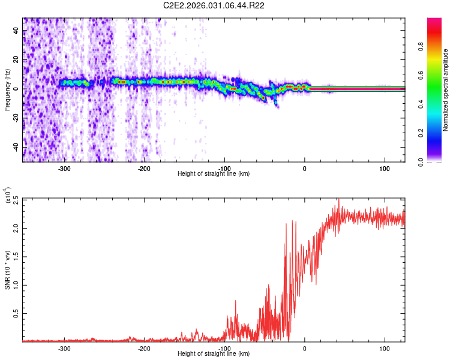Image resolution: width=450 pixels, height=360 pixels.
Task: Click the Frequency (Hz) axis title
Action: (x=7, y=90)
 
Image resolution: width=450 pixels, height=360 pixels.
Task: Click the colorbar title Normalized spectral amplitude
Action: (x=446, y=90)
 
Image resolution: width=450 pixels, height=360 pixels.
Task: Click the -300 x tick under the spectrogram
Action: (x=64, y=168)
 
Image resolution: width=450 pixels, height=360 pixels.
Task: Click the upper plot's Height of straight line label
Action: (x=214, y=174)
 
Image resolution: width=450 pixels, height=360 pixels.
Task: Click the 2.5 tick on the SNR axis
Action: (x=16, y=199)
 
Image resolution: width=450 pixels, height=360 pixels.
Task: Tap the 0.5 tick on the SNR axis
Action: (x=16, y=313)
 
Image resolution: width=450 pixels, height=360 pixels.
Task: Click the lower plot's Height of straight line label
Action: (x=214, y=354)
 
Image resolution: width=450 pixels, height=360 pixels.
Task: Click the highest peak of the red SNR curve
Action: (x=339, y=199)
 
